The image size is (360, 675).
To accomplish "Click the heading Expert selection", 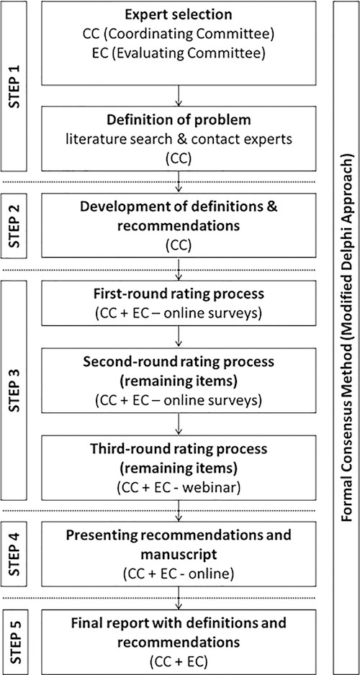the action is coord(179,14).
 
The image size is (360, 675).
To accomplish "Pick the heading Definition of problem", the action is coord(179,119).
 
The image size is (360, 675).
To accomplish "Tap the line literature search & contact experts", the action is coord(179,139).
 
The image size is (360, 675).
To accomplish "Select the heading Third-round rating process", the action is coord(179,448).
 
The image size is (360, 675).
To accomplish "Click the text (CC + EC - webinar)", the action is coord(179,488).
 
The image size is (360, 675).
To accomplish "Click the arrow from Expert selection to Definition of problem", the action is coord(179,95).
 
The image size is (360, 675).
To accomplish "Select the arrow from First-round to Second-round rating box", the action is coord(179,336).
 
